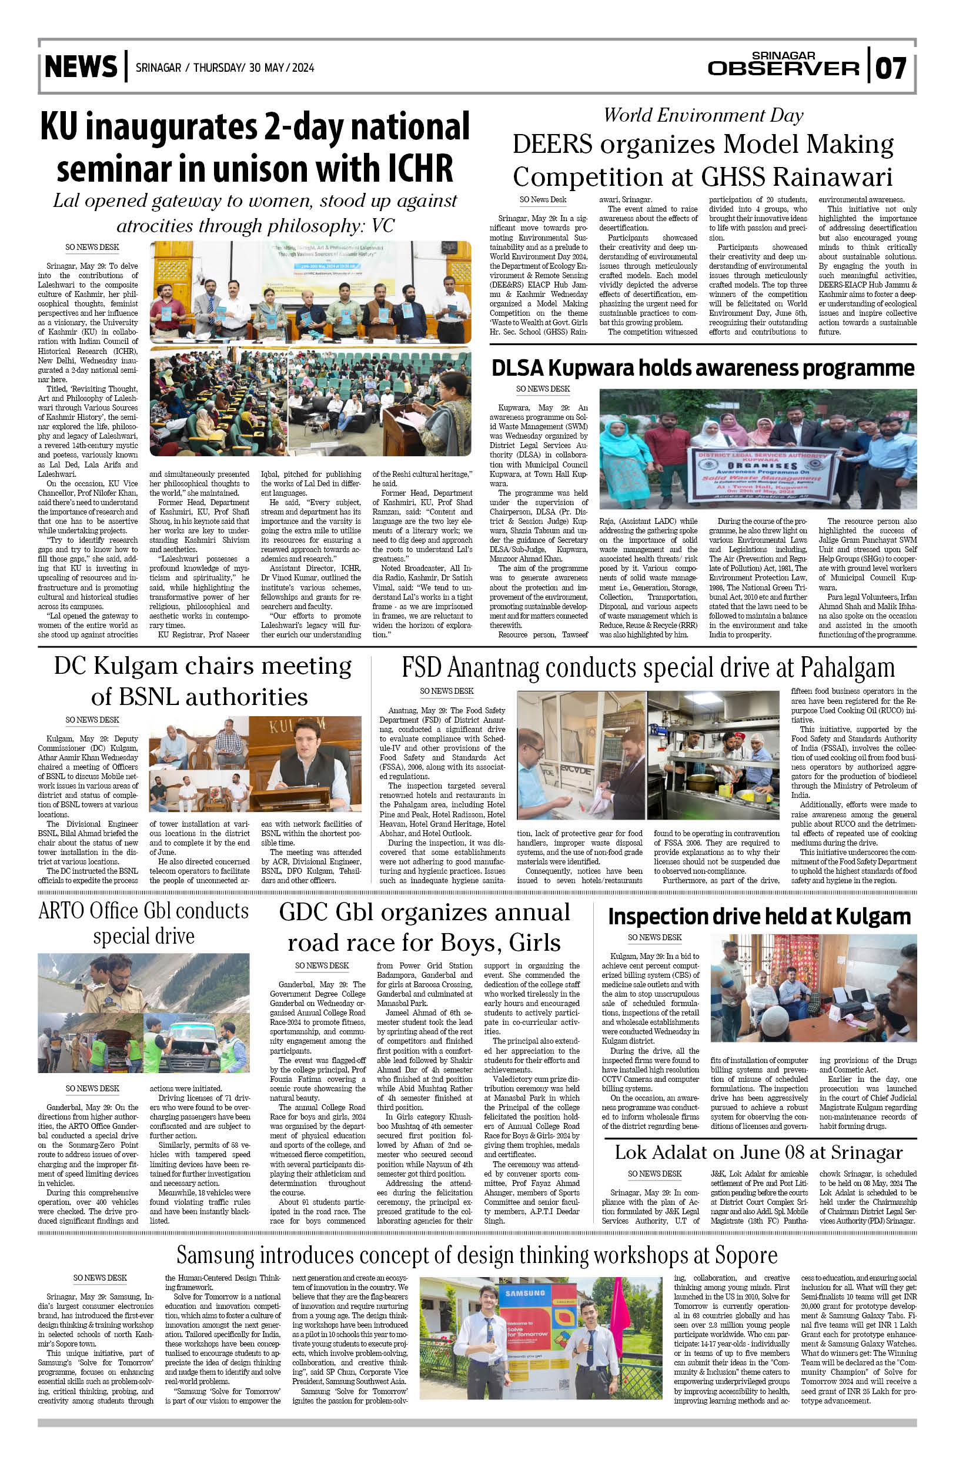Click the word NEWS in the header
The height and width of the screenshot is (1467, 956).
[x=81, y=67]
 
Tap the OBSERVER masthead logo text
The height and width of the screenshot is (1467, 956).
[x=783, y=68]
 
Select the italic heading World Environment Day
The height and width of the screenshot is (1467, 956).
[x=703, y=115]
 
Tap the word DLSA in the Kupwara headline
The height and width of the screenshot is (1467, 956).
[x=517, y=368]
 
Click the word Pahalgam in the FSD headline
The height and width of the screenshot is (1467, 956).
[x=847, y=667]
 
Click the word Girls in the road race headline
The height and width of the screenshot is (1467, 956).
[x=534, y=943]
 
